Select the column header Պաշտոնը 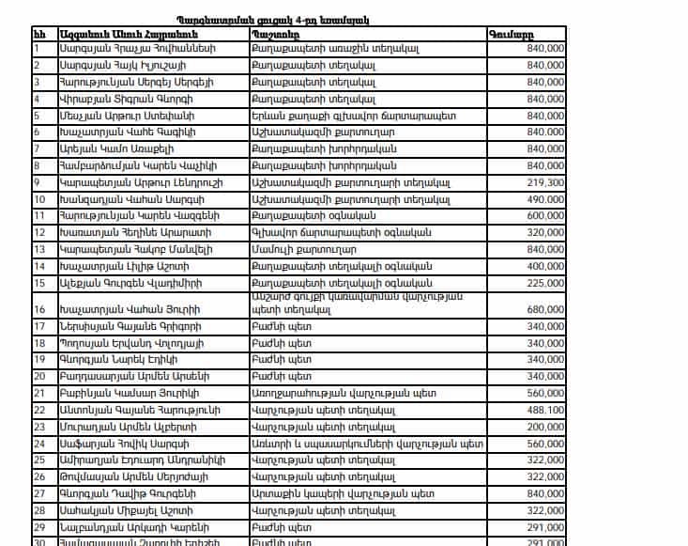271,33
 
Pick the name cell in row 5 122,116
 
